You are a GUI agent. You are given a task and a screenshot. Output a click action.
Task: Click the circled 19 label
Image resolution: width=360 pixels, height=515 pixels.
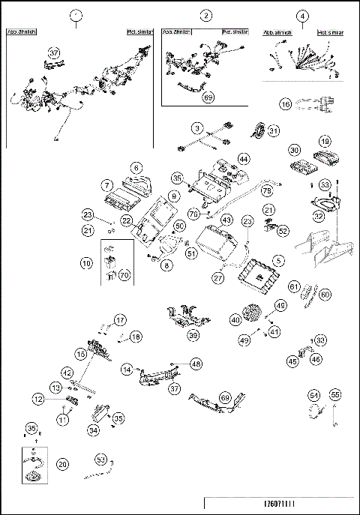(x=325, y=141)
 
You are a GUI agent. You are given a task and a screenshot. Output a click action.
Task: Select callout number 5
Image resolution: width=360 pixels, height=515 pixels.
(x=278, y=260)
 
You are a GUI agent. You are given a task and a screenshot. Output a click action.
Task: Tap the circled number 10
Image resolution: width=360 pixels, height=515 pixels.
(x=88, y=264)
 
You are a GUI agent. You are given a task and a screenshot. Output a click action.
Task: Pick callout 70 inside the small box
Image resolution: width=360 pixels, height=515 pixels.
(x=124, y=275)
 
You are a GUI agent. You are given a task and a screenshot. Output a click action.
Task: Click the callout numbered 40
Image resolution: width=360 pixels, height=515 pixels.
(x=235, y=318)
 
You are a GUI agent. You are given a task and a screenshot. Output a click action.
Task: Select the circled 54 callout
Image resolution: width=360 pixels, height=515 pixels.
(x=314, y=394)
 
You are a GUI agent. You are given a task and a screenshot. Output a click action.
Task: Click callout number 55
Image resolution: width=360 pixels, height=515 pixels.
(x=335, y=394)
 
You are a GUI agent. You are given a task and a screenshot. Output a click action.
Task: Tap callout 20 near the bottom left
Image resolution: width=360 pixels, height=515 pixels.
(x=63, y=464)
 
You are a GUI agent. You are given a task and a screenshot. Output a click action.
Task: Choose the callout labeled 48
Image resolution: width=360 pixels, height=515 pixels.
(x=196, y=363)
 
